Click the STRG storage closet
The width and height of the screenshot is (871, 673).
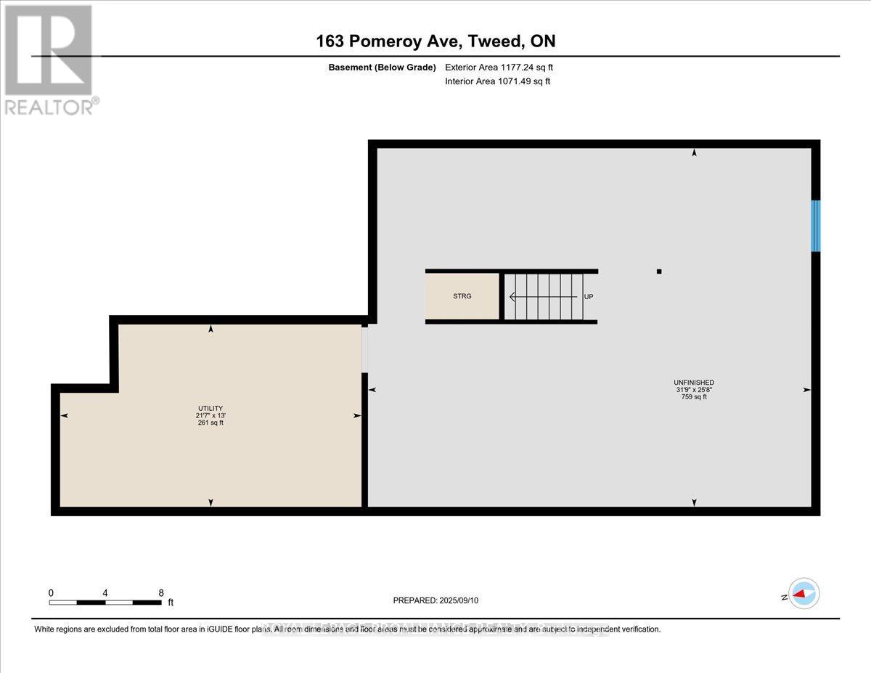click(462, 296)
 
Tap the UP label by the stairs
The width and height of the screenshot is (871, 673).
click(589, 296)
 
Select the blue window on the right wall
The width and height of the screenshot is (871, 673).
click(815, 226)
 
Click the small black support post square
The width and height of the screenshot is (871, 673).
click(659, 272)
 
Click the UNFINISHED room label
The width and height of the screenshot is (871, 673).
click(694, 383)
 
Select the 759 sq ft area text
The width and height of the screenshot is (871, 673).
click(694, 397)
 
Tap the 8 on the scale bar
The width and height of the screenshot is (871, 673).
click(161, 592)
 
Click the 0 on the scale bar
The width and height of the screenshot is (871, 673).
click(51, 592)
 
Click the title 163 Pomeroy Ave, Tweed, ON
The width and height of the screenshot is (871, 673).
click(435, 41)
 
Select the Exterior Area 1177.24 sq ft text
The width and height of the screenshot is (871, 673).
click(504, 68)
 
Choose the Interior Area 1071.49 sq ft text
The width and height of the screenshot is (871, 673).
click(497, 81)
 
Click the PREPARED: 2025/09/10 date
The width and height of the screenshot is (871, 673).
click(435, 600)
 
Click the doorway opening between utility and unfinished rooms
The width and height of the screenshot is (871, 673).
click(365, 348)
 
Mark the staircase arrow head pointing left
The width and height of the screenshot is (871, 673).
click(512, 296)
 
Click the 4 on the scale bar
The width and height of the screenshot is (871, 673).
click(105, 592)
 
